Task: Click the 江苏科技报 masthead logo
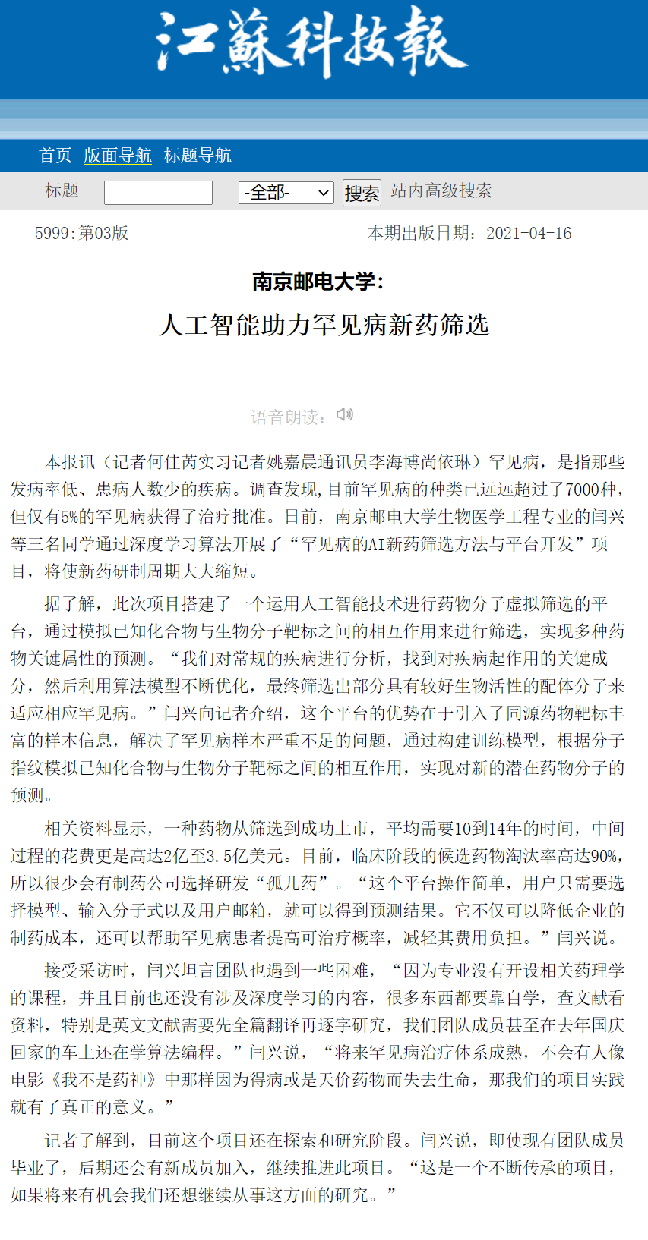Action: pos(311,42)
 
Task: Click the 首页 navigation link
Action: pos(55,156)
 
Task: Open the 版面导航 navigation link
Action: pos(118,156)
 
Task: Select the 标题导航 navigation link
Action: pos(198,156)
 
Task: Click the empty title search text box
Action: pos(158,193)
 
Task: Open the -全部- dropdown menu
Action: pos(286,193)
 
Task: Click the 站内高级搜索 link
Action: pos(441,190)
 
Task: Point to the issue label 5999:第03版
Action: pos(81,233)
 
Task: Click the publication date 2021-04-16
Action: pos(529,233)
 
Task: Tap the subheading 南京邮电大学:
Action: pos(318,282)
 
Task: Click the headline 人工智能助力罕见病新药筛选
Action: pos(324,325)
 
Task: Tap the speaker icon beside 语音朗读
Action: pos(345,414)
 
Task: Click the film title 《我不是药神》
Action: pos(105,1080)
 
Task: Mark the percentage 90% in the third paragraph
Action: pos(603,856)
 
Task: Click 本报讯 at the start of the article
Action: pos(70,462)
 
